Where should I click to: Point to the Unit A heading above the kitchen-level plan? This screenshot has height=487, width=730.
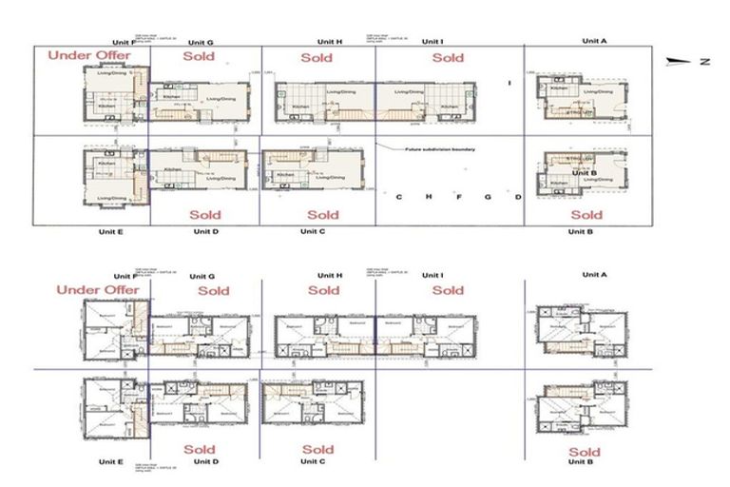(593, 42)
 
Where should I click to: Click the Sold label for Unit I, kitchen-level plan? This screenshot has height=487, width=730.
(448, 58)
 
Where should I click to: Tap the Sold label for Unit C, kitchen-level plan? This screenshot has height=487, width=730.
(323, 215)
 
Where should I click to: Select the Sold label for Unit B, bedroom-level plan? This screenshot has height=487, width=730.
(583, 452)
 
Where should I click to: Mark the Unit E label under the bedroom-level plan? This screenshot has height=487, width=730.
(112, 461)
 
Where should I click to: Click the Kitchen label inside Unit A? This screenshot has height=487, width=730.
(559, 88)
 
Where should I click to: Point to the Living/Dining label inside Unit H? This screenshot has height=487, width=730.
(339, 92)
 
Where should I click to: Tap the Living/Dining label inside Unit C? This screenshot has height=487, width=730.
(330, 177)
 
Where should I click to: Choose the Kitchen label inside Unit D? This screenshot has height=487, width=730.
(172, 169)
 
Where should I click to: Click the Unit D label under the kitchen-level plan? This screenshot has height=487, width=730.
(206, 231)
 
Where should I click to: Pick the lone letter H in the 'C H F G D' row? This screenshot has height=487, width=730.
(430, 197)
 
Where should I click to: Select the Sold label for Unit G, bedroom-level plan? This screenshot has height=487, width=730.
(214, 290)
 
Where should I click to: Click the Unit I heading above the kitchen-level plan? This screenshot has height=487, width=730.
(432, 42)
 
